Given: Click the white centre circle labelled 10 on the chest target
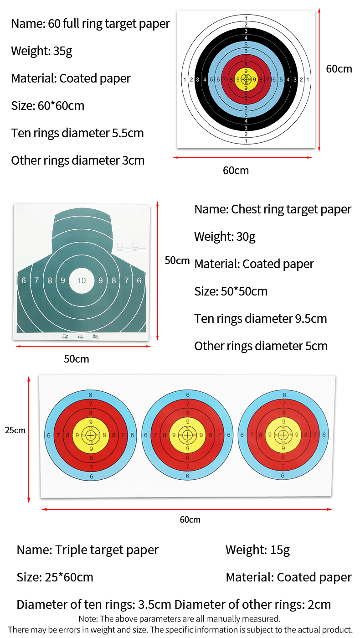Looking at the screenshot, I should click(82, 280).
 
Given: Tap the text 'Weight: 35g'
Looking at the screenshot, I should click(42, 51).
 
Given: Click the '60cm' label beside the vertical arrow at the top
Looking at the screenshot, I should click(339, 69).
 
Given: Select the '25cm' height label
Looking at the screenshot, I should click(15, 430).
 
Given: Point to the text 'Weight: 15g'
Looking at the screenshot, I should click(257, 550).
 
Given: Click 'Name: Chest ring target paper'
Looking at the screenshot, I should click(273, 209).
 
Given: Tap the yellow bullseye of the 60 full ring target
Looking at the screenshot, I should click(246, 79).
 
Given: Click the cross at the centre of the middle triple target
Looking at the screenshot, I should click(187, 435).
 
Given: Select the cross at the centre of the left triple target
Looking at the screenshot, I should click(91, 435).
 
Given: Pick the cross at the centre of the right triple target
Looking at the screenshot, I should click(283, 435).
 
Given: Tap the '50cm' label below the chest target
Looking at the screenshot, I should click(76, 359).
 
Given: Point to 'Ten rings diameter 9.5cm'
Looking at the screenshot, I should click(260, 319).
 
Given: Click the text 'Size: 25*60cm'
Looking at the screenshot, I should click(55, 577).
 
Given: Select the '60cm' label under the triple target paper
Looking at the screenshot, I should click(190, 519).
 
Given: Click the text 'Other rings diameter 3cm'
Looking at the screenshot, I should click(77, 161).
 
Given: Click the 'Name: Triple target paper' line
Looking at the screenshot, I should click(87, 550).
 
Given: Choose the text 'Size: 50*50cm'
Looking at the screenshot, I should click(231, 291).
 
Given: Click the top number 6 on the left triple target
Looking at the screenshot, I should click(91, 395).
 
